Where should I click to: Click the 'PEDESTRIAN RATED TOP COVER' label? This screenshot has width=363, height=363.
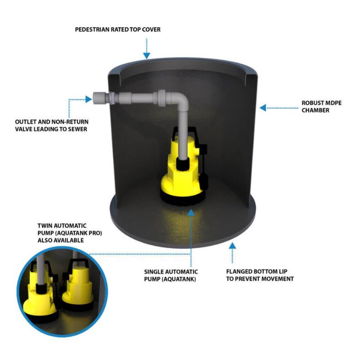tap(118, 30)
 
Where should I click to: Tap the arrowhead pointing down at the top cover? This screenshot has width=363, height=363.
tap(146, 56)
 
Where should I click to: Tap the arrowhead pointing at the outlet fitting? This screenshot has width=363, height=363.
tap(88, 99)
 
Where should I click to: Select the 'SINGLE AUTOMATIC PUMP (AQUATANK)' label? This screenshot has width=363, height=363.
tap(171, 275)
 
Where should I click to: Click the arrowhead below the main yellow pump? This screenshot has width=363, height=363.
tap(191, 211)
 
